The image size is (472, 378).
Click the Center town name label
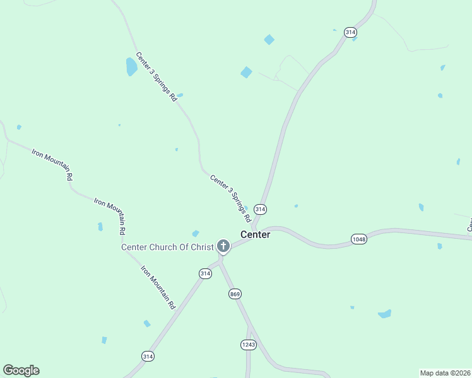coord(255,234)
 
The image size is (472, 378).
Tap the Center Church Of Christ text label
coord(168,247)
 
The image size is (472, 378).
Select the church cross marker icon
coord(223,246)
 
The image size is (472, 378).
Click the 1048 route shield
coord(358,239)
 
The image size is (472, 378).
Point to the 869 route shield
coord(235,294)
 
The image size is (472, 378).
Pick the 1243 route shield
coord(248,344)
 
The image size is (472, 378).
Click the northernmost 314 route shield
coord(350,32)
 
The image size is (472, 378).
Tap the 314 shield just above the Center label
coord(260,209)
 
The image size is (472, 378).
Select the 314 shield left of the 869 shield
coord(205,273)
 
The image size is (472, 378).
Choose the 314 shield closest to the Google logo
coord(148,356)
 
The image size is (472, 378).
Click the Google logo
coord(21,370)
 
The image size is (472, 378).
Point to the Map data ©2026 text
coord(445,372)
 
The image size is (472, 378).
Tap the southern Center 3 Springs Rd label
coord(231,198)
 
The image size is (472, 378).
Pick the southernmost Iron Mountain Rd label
coord(158,287)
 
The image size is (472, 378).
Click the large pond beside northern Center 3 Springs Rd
coord(131,66)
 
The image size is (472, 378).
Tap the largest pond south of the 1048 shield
coord(384,314)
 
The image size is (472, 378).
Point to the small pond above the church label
coord(196,234)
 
